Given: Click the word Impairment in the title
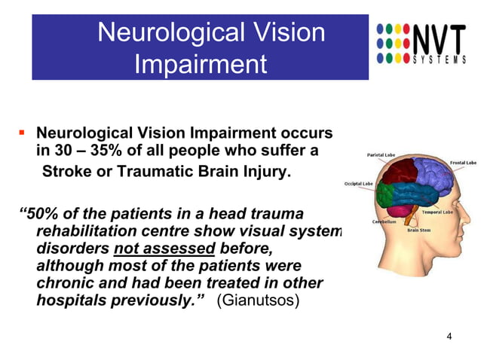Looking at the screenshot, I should [200, 64].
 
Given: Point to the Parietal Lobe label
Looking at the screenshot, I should [381, 154].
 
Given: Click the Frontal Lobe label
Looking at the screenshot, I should [462, 163].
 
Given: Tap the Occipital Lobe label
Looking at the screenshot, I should [359, 184].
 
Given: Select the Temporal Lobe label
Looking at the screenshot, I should [457, 212].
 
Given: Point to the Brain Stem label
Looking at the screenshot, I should [419, 230].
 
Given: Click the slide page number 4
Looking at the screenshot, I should [449, 336].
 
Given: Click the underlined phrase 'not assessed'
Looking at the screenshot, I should [164, 248].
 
